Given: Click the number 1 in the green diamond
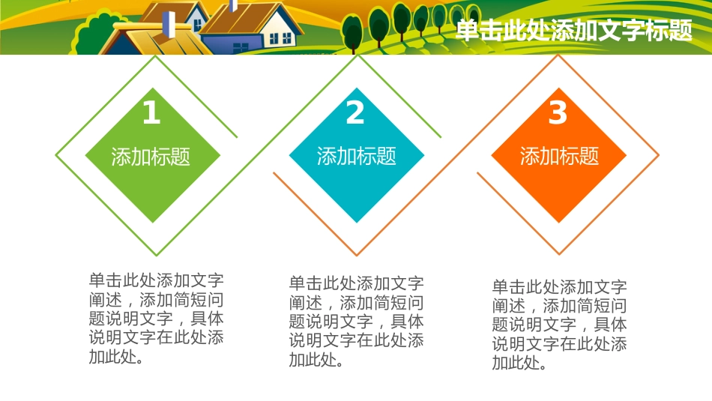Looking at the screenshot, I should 151,113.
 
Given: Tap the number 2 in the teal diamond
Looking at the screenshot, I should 355,113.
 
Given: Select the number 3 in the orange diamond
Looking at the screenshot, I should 558,113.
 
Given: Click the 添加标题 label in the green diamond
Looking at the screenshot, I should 151,157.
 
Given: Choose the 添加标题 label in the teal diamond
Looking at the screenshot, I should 356,157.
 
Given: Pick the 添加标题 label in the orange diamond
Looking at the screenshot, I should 559,156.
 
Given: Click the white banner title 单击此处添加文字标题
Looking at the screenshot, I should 573,31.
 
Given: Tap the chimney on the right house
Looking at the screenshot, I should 233,6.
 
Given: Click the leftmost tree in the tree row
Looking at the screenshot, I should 352,31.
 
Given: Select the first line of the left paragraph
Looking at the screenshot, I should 156,281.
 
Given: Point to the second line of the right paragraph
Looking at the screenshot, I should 559,307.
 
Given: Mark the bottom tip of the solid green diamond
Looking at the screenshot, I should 152,222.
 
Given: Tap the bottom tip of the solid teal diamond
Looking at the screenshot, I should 356,222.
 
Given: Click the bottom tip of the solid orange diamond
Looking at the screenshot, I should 558,222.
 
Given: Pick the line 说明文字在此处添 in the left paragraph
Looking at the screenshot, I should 156,338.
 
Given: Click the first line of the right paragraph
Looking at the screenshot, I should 559,287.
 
